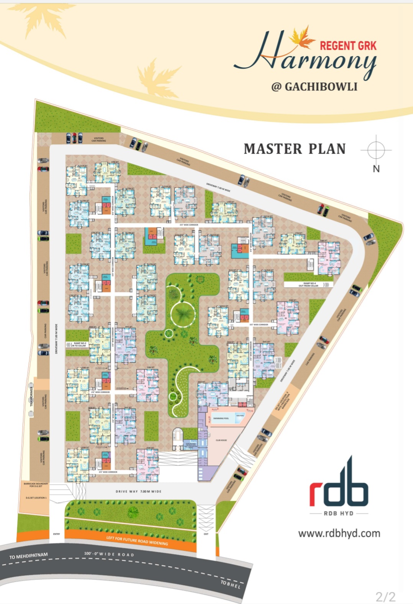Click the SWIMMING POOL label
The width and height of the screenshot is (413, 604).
(221, 418)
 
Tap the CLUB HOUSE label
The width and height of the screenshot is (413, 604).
(221, 440)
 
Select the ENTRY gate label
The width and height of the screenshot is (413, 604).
(56, 534)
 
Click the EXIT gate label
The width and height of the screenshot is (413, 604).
(206, 534)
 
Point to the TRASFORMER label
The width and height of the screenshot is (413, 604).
(32, 397)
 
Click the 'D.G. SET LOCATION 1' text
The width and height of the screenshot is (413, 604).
(36, 498)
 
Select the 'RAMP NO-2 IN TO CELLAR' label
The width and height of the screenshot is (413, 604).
(80, 344)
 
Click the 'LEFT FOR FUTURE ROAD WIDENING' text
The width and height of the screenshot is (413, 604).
(137, 541)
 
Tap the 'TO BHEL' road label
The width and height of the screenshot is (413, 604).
(231, 584)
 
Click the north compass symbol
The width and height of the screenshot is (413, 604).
(376, 150)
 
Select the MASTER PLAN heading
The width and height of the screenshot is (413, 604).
(295, 149)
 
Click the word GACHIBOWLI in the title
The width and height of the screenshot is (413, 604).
(321, 87)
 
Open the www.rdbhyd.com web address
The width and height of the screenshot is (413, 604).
(339, 533)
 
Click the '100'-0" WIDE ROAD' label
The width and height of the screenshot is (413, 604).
(109, 554)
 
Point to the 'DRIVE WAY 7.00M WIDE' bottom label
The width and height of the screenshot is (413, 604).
(138, 491)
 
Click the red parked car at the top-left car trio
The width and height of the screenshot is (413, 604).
(74, 137)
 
